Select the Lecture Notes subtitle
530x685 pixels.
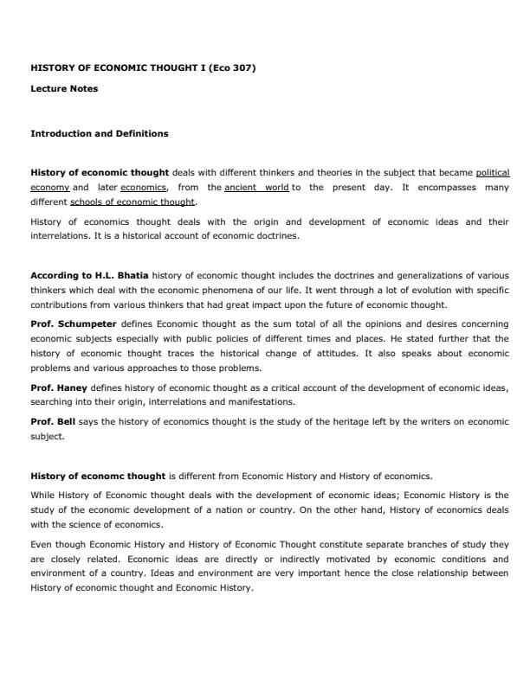click(64, 88)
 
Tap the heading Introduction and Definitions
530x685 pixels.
click(100, 134)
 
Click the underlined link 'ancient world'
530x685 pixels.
click(256, 187)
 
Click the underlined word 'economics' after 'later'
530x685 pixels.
click(144, 187)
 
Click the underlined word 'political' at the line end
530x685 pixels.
click(493, 172)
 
